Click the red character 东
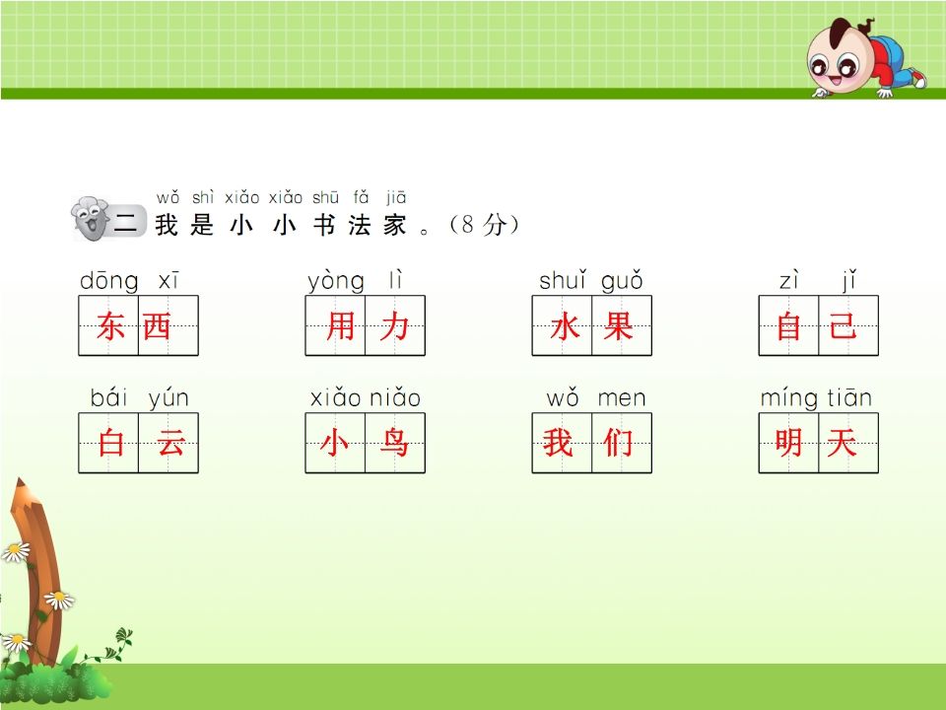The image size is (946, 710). pyautogui.click(x=110, y=326)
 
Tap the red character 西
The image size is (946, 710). pyautogui.click(x=157, y=326)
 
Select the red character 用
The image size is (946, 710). pyautogui.click(x=340, y=326)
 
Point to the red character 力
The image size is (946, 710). pyautogui.click(x=394, y=326)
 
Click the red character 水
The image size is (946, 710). pyautogui.click(x=565, y=326)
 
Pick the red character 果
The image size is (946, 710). pyautogui.click(x=618, y=326)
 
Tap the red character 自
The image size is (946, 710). pyautogui.click(x=789, y=326)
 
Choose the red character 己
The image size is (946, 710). pyautogui.click(x=843, y=326)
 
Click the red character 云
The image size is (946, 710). pyautogui.click(x=170, y=444)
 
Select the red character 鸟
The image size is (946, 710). pyautogui.click(x=394, y=444)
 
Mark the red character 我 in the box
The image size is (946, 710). pyautogui.click(x=558, y=444)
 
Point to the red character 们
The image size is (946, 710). pyautogui.click(x=618, y=444)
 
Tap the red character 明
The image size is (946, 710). pyautogui.click(x=788, y=444)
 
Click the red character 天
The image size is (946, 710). pyautogui.click(x=842, y=444)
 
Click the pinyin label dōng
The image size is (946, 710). pyautogui.click(x=109, y=282)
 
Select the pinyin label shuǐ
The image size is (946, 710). pyautogui.click(x=563, y=282)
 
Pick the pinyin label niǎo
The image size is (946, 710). pyautogui.click(x=395, y=399)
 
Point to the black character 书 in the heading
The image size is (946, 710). pyautogui.click(x=324, y=225)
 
